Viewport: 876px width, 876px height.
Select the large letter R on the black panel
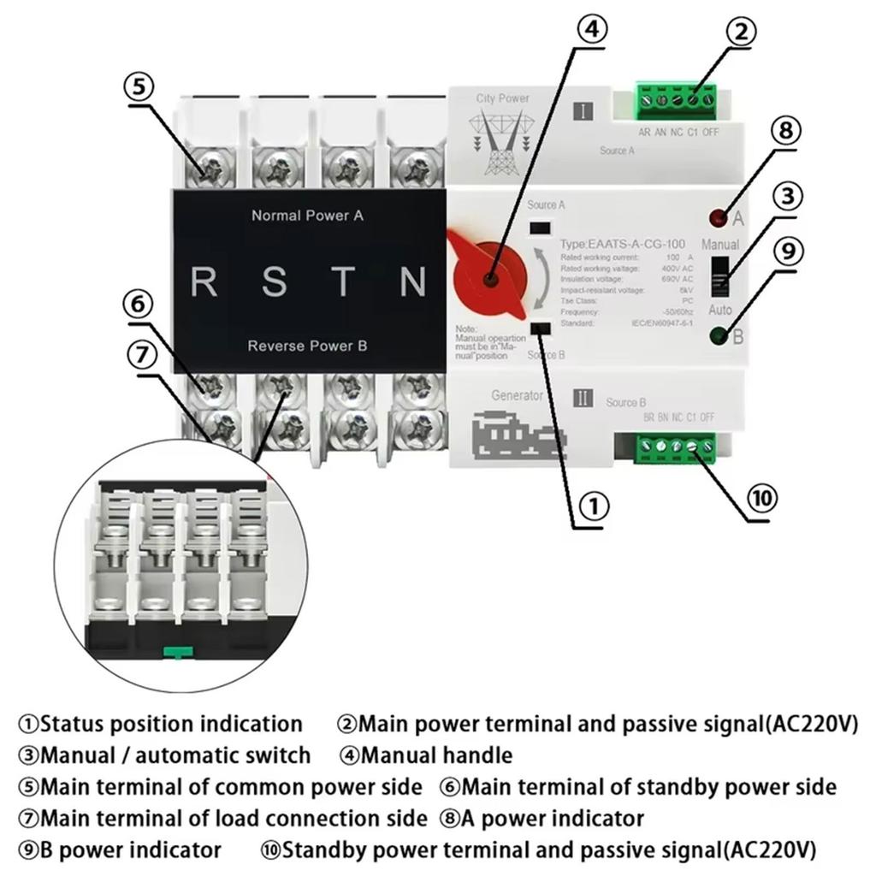point(204,281)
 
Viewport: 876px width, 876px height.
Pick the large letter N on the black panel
point(413,281)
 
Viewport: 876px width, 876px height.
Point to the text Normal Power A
point(307,216)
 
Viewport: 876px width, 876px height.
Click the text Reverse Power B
point(307,346)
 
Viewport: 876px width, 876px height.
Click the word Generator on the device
point(518,396)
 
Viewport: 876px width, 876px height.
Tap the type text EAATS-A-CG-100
point(623,244)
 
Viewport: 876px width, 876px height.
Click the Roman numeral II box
point(583,398)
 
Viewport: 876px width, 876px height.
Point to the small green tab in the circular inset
point(175,653)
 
